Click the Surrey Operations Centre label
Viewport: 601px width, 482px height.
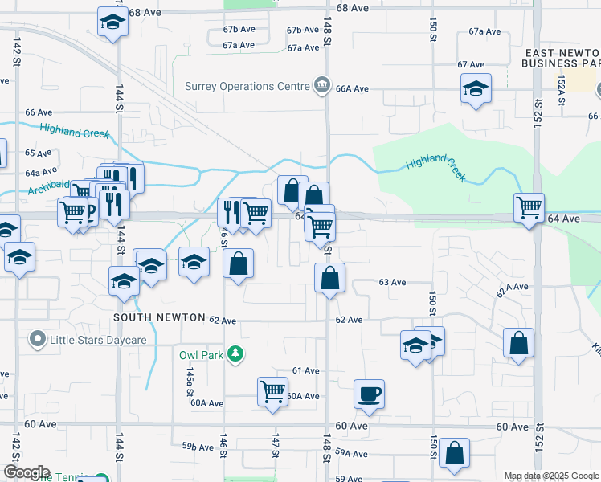[x=246, y=86]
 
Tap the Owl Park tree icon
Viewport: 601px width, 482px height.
[x=235, y=353]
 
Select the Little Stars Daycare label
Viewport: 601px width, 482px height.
[x=98, y=340]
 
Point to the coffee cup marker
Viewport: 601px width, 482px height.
[x=369, y=394]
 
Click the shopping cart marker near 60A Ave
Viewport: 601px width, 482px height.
[x=272, y=392]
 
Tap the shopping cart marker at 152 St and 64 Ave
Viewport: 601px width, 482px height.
[x=529, y=208]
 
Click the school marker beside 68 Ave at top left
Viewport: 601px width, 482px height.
[x=112, y=22]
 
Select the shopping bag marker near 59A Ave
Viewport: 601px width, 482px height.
[x=455, y=452]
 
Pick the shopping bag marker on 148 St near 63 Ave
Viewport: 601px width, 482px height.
[x=329, y=279]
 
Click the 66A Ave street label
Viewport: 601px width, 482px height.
[x=352, y=88]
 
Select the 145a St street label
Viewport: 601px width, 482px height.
[x=190, y=378]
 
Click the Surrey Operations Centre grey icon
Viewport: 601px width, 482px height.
[x=322, y=85]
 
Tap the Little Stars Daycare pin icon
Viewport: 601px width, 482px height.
[x=37, y=340]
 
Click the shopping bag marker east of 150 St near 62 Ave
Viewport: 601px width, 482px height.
[x=519, y=342]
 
